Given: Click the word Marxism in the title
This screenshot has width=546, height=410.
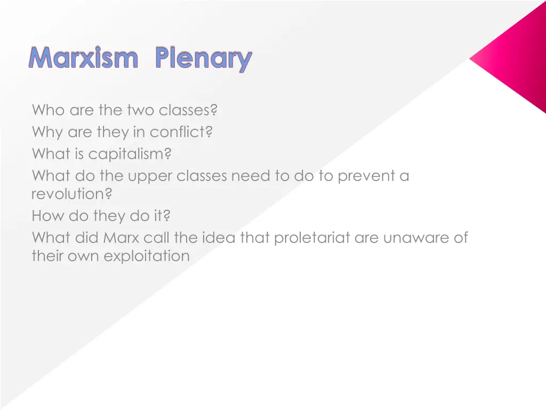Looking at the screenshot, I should click(83, 58).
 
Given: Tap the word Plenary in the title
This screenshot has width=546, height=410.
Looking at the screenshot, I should click(203, 59).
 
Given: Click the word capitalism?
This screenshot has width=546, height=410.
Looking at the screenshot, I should click(130, 154).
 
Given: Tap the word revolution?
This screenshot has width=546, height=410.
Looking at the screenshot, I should click(71, 194).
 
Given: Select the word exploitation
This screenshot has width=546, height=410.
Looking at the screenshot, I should click(147, 256).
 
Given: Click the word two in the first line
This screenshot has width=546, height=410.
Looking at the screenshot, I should click(140, 111).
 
